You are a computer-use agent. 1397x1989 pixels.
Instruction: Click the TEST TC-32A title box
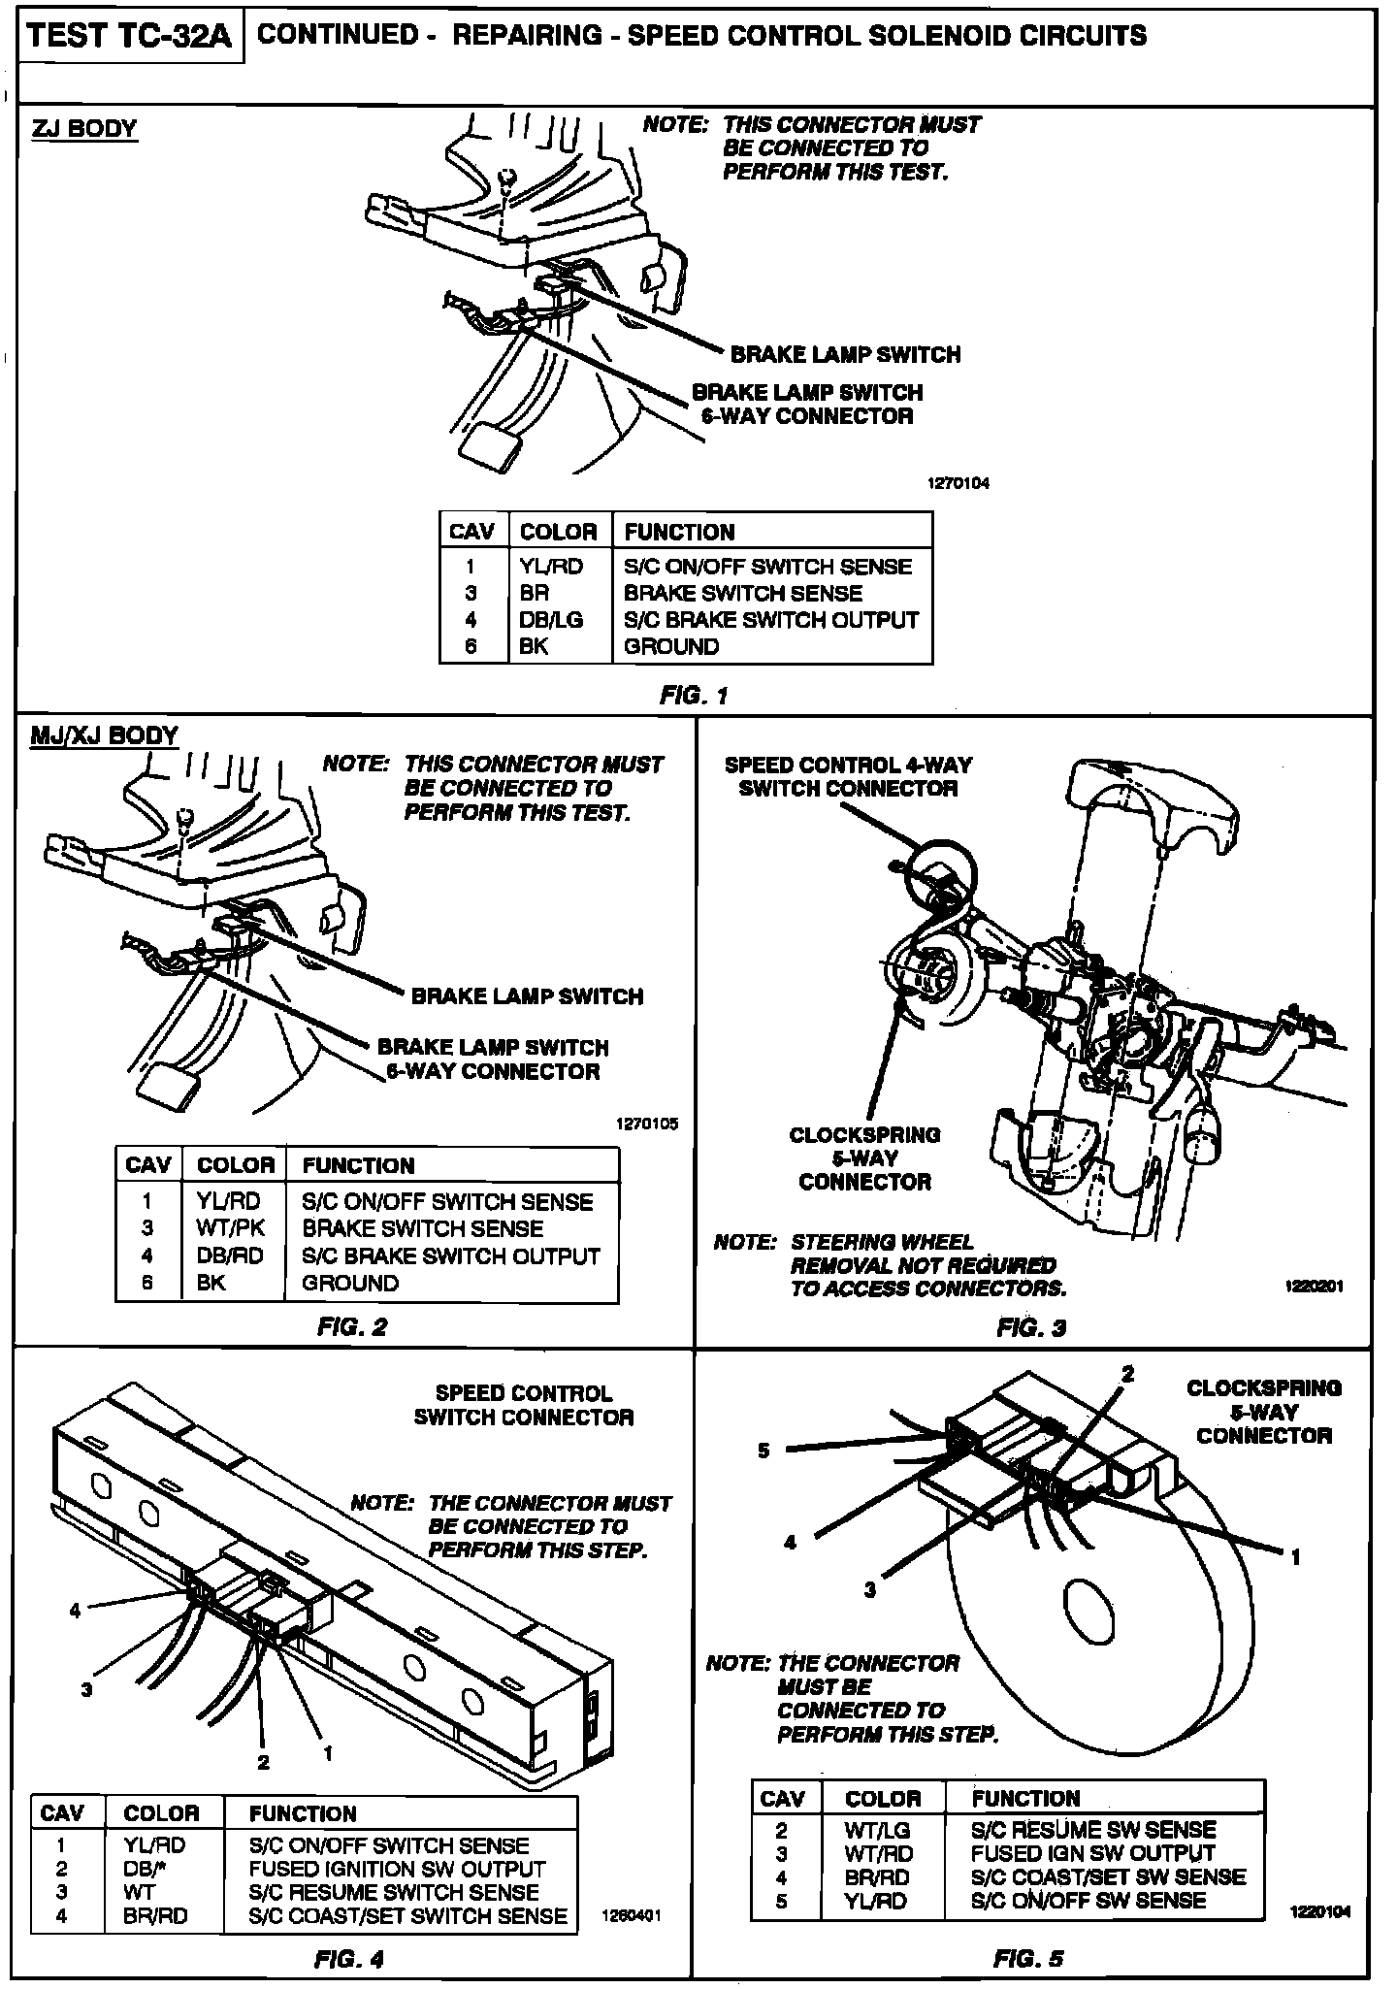[x=129, y=38]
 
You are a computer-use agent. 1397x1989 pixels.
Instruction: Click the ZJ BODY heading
[x=84, y=129]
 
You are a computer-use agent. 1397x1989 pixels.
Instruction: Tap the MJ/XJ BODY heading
[x=105, y=734]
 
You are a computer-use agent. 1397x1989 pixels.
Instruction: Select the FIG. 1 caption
[x=693, y=695]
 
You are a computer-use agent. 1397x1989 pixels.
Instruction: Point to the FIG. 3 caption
[x=1031, y=1327]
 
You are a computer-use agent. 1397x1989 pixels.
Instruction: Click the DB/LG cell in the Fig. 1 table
[x=551, y=620]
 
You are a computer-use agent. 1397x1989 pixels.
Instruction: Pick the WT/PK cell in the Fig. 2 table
[x=231, y=1228]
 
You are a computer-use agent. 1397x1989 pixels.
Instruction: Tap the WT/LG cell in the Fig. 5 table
[x=878, y=1830]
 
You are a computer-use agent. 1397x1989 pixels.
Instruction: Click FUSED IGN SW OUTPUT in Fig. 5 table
[x=1092, y=1853]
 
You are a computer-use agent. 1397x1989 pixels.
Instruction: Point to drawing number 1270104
[x=958, y=483]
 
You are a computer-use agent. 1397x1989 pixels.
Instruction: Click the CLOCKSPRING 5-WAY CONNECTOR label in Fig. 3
[x=864, y=1158]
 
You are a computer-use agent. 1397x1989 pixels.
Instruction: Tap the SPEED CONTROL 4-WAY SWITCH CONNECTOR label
[x=847, y=776]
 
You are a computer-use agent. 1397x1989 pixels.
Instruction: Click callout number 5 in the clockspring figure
[x=764, y=1451]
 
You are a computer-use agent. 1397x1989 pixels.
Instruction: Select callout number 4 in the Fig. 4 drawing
[x=75, y=1611]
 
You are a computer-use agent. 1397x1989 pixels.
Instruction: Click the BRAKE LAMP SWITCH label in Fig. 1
[x=845, y=354]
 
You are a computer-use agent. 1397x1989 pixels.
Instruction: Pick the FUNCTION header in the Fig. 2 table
[x=358, y=1165]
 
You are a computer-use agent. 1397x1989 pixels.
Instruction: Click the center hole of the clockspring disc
[x=1079, y=1598]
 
